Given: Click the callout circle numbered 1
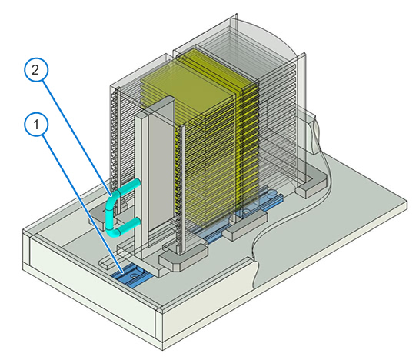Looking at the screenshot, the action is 36,125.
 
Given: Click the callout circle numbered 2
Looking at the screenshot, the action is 36,70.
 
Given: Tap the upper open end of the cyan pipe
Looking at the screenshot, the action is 138,182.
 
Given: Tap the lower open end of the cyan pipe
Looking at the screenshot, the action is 138,222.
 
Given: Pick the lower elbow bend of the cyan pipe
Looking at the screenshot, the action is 114,232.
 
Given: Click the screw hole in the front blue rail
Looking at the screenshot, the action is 134,275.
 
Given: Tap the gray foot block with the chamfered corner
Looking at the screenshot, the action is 181,256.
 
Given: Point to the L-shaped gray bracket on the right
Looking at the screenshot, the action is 311,185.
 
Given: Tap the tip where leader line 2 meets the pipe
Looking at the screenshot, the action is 110,194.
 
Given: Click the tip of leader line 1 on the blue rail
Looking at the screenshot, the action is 123,273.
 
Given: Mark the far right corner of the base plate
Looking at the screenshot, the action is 407,201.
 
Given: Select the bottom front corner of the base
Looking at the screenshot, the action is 162,350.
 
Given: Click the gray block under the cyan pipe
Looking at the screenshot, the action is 102,218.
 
